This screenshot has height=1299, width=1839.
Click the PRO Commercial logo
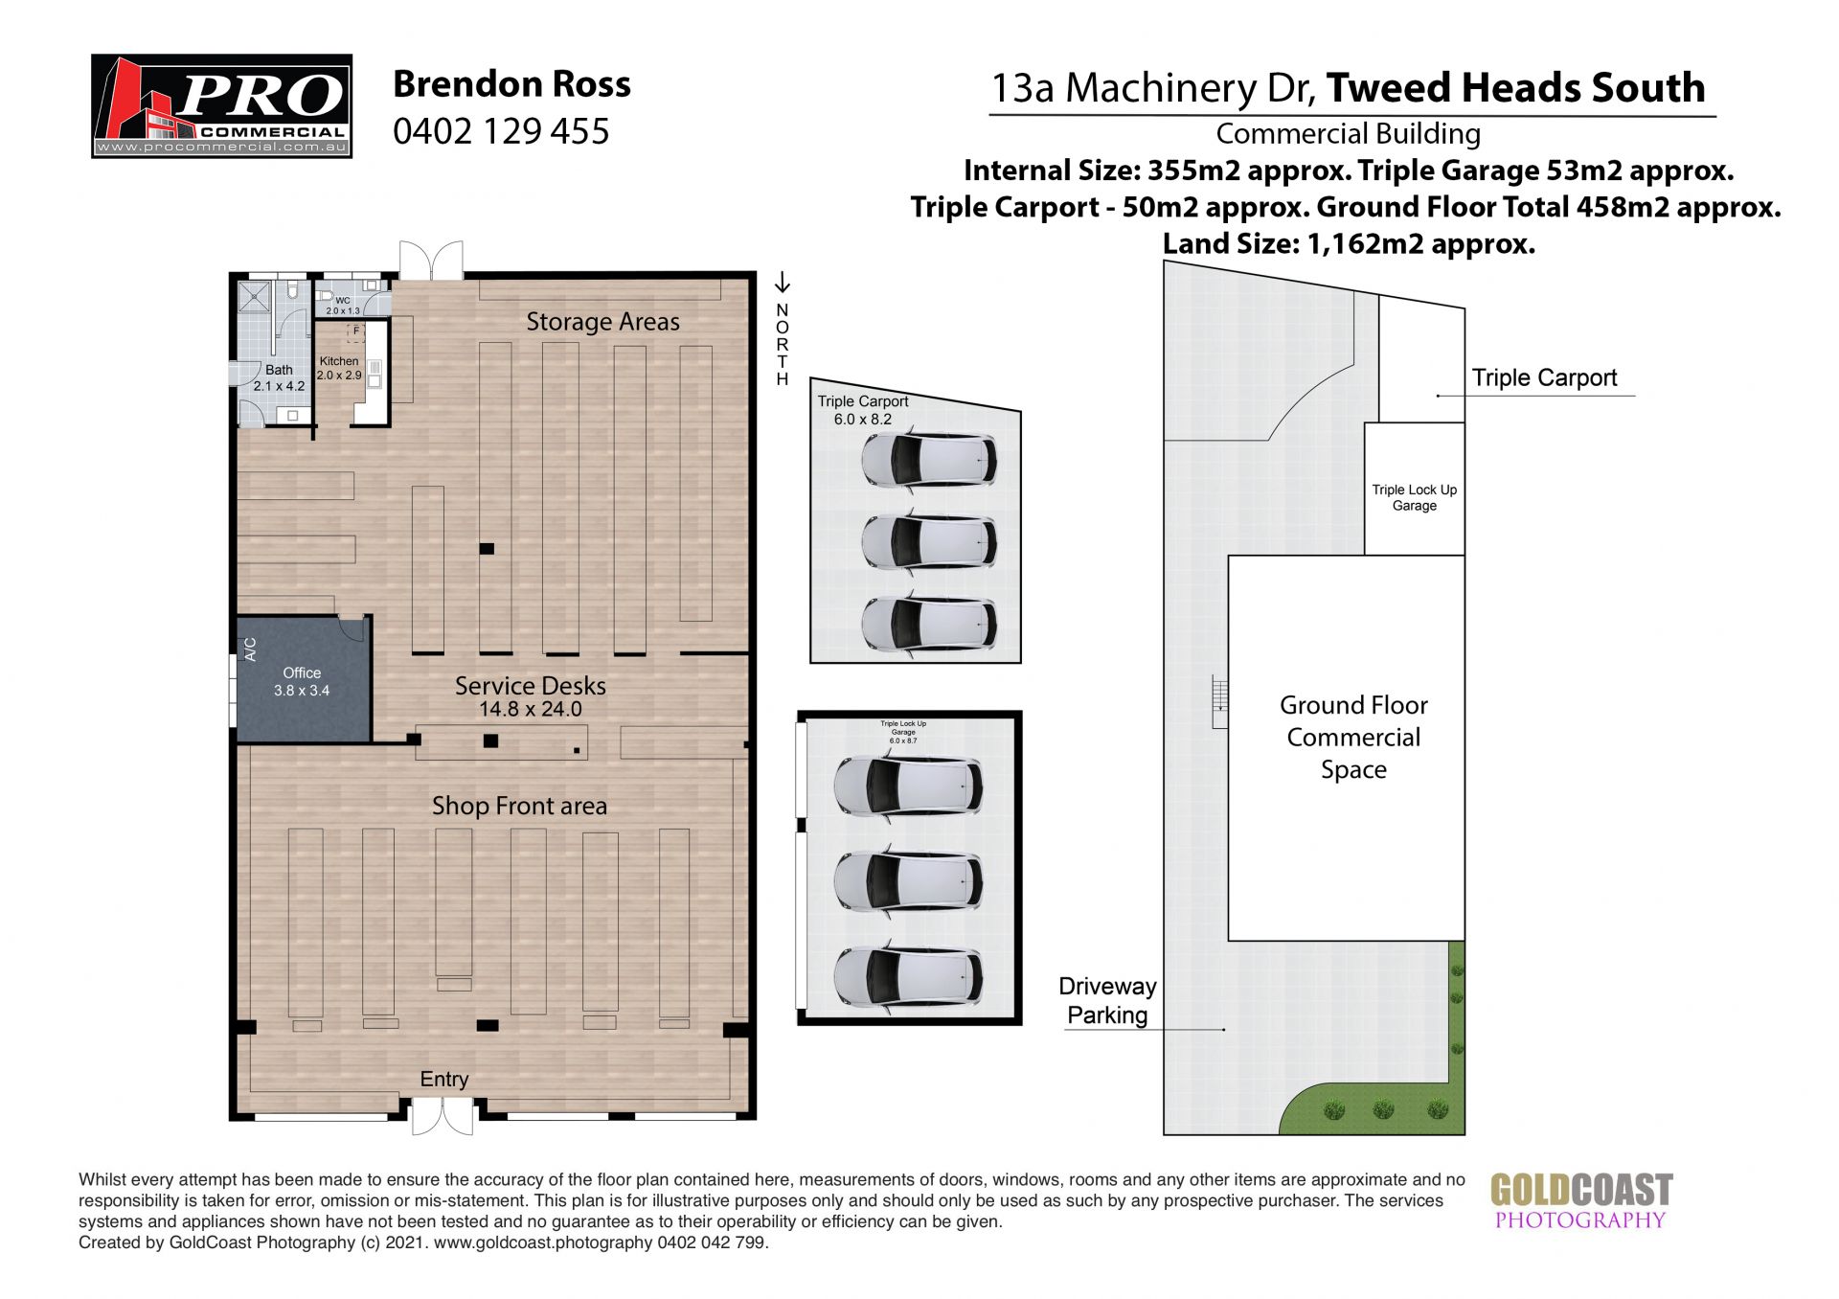click(x=221, y=105)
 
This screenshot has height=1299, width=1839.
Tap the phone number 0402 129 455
click(x=501, y=131)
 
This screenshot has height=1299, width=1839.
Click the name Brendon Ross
click(x=511, y=84)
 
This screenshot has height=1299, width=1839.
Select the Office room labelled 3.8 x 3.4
click(x=303, y=680)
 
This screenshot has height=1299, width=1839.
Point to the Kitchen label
click(x=339, y=361)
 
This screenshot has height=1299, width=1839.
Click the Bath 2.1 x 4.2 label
click(x=279, y=377)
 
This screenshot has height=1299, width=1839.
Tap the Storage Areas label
click(x=602, y=322)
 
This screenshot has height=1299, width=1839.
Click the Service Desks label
click(x=530, y=686)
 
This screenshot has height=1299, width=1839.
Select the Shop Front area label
click(x=519, y=806)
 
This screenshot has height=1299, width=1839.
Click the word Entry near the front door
click(x=443, y=1080)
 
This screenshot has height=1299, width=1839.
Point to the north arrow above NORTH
click(x=783, y=282)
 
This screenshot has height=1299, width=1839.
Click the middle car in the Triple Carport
click(x=928, y=542)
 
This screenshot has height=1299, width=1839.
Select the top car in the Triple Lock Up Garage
click(x=907, y=785)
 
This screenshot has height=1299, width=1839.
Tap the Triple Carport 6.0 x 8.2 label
click(x=863, y=410)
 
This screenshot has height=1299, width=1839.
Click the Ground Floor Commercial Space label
click(x=1353, y=737)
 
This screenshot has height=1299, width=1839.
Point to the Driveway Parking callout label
click(x=1107, y=1000)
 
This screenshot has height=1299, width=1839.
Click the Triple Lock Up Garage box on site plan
click(x=1414, y=489)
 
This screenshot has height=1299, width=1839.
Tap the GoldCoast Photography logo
click(x=1581, y=1201)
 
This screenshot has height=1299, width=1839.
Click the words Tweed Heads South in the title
click(x=1516, y=88)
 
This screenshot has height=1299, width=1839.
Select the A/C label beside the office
click(x=251, y=649)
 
